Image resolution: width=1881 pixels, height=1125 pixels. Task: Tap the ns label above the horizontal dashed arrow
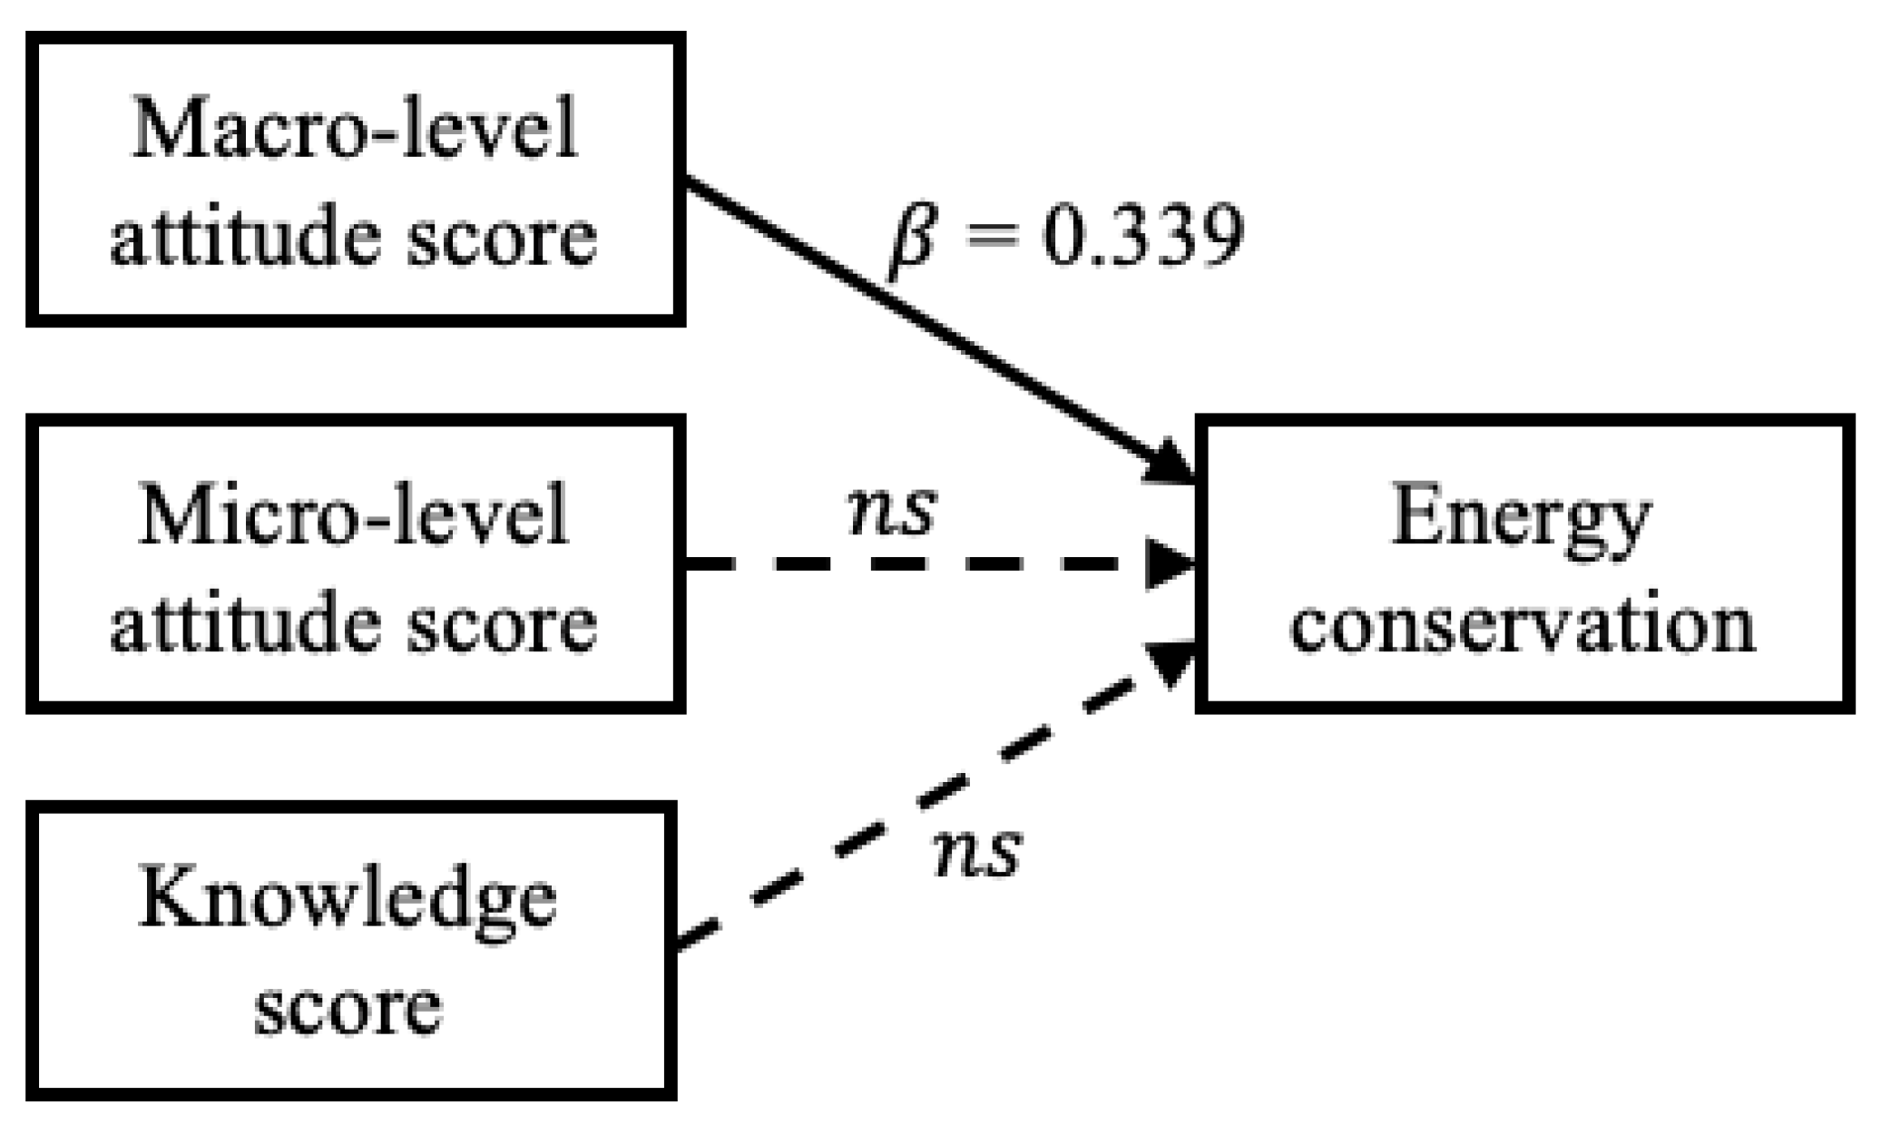click(x=890, y=510)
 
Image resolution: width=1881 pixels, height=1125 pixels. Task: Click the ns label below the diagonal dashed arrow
click(x=977, y=854)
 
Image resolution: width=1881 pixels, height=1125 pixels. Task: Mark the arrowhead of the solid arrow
click(x=1171, y=462)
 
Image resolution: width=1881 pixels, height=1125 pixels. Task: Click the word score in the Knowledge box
click(x=348, y=1010)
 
